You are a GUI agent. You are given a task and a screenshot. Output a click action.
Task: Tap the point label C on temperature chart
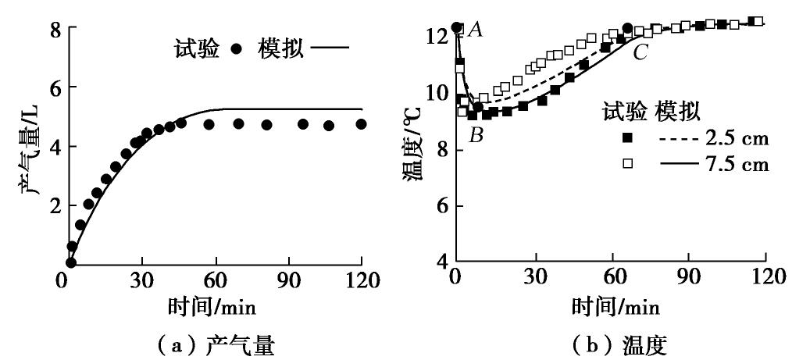(641, 53)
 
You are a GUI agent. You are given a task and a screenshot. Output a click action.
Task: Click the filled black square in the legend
(626, 139)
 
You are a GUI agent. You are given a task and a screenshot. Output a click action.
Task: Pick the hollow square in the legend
(626, 164)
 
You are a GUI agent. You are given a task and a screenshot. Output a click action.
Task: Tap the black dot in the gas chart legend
(237, 48)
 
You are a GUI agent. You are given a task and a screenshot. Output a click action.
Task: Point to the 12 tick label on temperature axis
(438, 36)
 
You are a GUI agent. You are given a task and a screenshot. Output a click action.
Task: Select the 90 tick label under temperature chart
(688, 279)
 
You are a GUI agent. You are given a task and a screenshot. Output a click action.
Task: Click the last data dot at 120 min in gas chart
(361, 124)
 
